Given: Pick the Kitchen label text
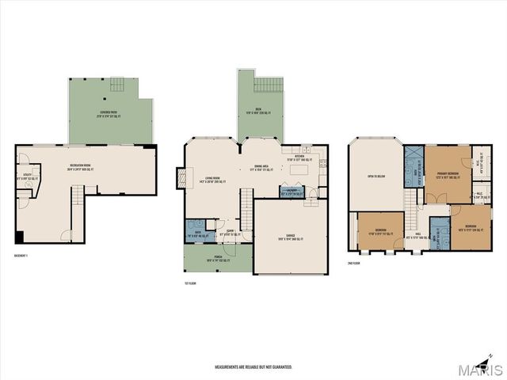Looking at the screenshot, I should click(303, 157).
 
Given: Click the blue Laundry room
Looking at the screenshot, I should click(292, 192).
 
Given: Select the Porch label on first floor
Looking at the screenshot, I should click(216, 257).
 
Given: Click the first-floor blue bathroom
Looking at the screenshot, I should click(198, 230).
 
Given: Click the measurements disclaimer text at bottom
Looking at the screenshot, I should click(253, 367).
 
